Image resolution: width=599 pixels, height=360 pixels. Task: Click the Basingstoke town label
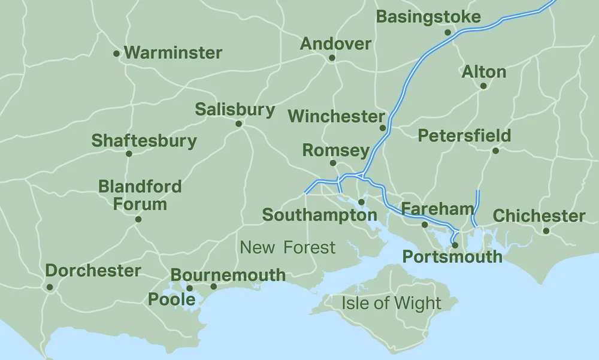428,17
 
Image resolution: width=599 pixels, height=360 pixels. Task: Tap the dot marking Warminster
116,53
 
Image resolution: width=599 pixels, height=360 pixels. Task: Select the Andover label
335,44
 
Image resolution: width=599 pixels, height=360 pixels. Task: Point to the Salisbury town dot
238,124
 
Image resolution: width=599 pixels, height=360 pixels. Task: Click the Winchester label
336,116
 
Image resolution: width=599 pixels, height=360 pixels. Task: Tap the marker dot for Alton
483,86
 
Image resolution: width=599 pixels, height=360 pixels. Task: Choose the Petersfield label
464,135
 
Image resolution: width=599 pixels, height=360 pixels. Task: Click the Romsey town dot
333,163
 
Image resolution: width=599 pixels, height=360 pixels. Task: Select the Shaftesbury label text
144,141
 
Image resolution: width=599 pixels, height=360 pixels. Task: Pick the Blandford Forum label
140,195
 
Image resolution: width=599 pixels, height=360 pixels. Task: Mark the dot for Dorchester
50,287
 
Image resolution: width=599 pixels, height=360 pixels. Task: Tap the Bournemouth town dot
214,286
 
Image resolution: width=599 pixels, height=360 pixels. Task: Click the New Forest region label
288,247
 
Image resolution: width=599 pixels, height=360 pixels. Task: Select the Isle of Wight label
391,302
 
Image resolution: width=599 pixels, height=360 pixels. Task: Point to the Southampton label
319,214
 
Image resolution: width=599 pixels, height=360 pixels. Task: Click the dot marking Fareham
425,225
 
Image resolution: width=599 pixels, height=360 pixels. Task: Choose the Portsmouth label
452,257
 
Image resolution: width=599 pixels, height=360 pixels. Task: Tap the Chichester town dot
546,231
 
